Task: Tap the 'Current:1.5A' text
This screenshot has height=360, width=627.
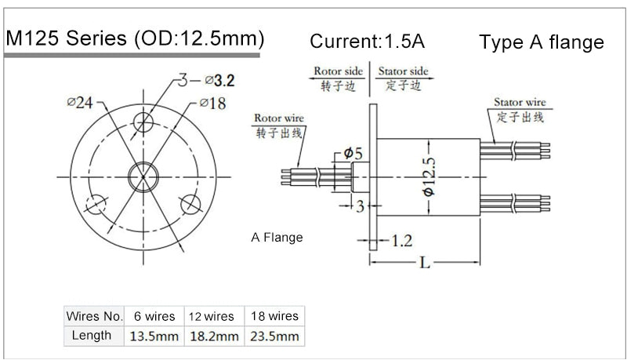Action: click(x=372, y=41)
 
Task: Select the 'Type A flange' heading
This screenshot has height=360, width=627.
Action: click(x=542, y=42)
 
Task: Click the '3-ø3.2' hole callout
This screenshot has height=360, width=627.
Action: click(x=205, y=79)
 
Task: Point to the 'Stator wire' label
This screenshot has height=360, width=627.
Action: click(x=519, y=102)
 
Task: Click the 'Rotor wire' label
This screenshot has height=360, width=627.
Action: click(x=278, y=118)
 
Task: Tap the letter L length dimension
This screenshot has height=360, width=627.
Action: click(x=424, y=264)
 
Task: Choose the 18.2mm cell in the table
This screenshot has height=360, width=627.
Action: click(x=214, y=336)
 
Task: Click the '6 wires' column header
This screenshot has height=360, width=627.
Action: click(x=154, y=316)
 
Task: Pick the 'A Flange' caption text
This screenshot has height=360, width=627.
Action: click(x=277, y=237)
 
